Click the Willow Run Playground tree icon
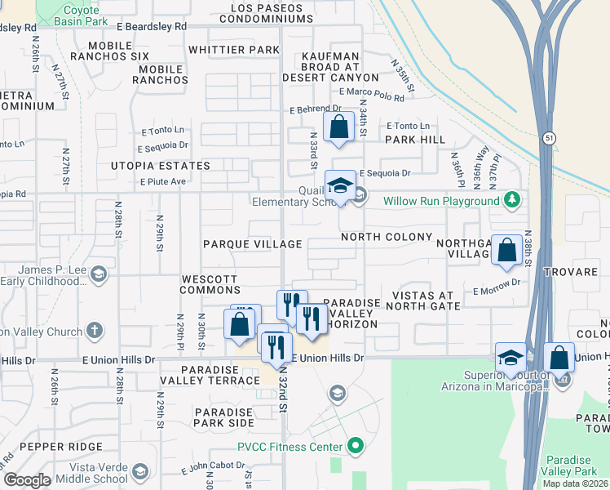point(511,199)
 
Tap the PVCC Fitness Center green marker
point(355,446)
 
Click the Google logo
point(27,480)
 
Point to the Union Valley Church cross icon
point(95,331)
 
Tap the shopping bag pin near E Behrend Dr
point(338,128)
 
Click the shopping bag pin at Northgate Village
point(507,252)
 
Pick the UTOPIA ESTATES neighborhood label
point(161,166)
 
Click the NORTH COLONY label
point(386,237)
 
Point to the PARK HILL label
point(415,140)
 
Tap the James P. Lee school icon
point(99,273)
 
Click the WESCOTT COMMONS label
point(210,284)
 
